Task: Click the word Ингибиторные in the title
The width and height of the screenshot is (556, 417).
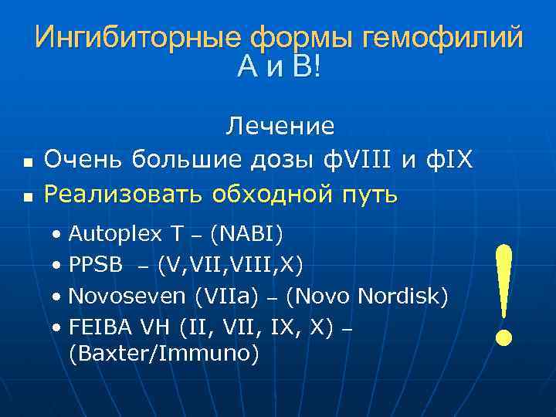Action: pos(137,38)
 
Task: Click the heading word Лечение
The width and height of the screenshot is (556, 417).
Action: pos(280,126)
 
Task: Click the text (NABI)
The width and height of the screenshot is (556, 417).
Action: pos(246,233)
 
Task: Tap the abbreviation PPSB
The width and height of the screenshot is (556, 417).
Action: pos(96,265)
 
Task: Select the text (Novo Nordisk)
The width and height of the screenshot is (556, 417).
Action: pos(367,297)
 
